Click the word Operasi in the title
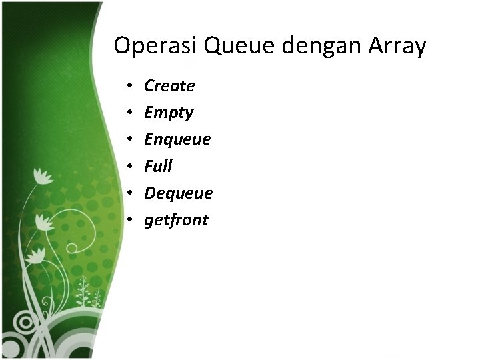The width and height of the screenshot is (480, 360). click(156, 47)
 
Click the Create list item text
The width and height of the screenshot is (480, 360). click(169, 86)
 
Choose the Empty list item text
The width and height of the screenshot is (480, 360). click(169, 113)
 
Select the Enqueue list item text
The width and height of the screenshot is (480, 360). click(177, 140)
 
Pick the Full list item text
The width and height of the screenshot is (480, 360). click(158, 166)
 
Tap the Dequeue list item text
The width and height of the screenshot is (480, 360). click(178, 193)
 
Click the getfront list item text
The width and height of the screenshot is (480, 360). click(176, 221)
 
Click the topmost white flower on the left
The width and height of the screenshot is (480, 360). click(43, 177)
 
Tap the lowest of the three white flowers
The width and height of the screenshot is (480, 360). click(35, 256)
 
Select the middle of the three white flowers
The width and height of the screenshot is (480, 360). click(44, 221)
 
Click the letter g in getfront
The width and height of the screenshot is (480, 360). click(149, 221)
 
